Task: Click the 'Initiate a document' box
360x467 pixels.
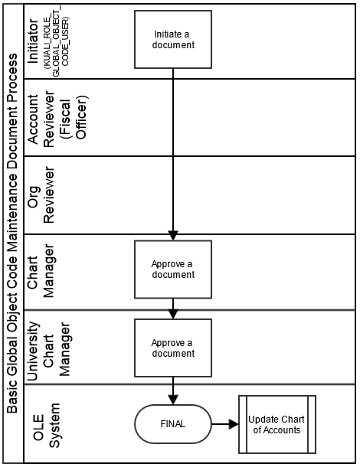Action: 173,39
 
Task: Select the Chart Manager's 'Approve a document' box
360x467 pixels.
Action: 173,269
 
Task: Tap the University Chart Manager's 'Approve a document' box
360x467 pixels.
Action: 173,348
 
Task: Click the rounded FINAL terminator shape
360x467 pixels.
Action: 173,424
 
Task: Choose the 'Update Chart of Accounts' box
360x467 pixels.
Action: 277,424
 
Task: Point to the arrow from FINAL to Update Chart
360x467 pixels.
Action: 225,424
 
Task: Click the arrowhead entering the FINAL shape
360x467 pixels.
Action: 173,400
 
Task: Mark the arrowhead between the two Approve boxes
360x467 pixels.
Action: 173,314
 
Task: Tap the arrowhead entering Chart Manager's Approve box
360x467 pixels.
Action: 173,235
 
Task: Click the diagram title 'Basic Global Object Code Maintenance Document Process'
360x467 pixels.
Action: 12,233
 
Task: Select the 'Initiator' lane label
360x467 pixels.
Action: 33,41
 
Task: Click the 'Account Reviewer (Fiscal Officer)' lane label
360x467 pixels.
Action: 57,117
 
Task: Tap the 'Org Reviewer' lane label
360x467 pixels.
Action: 41,194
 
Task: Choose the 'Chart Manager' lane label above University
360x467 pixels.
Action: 41,270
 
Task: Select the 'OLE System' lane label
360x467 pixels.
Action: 47,426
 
